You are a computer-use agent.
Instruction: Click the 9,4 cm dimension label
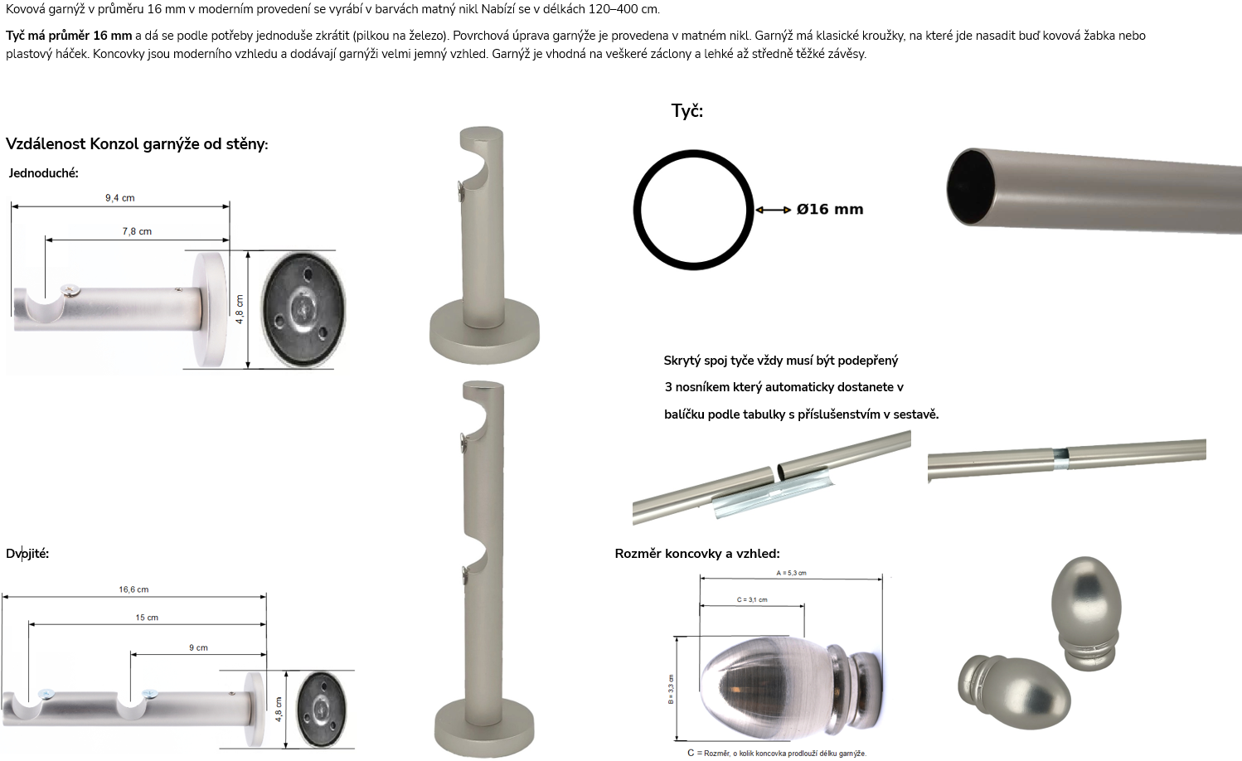119,198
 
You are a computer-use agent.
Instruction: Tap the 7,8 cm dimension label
137,231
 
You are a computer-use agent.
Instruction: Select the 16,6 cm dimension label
133,589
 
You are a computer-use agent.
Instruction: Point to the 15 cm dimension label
147,618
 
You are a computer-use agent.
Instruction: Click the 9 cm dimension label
198,647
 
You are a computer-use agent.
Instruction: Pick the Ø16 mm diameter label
830,209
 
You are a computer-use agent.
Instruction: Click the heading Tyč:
687,111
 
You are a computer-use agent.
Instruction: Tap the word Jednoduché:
43,173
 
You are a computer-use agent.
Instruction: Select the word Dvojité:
27,553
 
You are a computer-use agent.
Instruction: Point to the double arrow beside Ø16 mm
773,210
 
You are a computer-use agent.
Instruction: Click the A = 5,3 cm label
791,573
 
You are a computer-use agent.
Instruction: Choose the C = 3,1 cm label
752,599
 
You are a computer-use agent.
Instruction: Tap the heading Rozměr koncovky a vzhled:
697,553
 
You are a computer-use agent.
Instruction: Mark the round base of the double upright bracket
484,729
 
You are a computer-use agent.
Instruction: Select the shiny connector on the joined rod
1060,454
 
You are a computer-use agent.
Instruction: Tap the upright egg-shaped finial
1085,613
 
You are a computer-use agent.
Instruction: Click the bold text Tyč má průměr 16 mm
69,36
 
